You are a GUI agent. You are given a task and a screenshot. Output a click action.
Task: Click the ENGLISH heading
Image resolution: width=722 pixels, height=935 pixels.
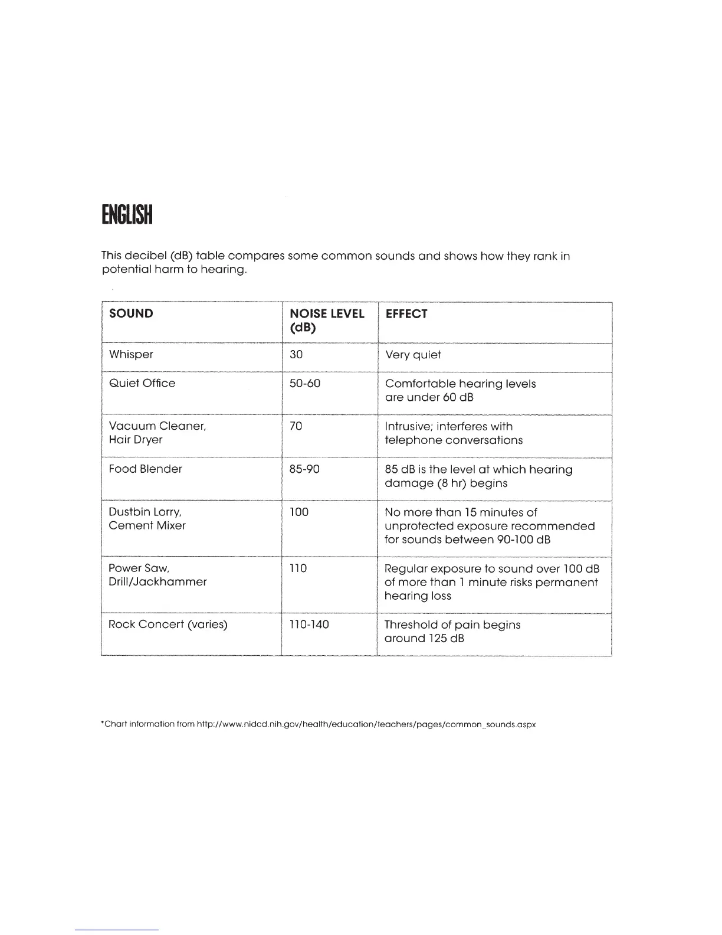coord(127,215)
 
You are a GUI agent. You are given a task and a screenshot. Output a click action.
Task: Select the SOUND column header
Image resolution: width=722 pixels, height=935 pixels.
coord(131,313)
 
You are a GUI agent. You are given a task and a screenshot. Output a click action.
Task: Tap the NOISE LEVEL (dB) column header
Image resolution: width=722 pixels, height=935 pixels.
coord(327,321)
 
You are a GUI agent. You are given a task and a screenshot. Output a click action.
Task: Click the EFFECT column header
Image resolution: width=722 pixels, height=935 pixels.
coord(406,314)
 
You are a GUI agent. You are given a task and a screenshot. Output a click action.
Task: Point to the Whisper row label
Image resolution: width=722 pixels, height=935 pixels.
coord(131,354)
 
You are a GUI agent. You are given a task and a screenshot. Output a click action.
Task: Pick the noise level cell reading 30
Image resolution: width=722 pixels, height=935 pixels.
coord(296,354)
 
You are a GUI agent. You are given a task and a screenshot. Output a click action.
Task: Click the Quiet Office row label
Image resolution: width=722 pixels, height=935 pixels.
coord(142,383)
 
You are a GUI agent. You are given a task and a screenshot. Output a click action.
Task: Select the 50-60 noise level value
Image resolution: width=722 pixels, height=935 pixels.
coord(305,383)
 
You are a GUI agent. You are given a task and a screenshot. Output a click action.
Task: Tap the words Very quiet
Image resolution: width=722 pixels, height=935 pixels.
coord(413,355)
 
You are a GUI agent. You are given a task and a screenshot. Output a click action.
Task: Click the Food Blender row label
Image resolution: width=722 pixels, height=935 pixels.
coord(146,469)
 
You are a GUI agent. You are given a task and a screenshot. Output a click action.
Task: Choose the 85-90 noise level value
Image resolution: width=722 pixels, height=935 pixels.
coord(305,469)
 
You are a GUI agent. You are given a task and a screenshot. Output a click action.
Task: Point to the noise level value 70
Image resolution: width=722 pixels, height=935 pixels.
coord(296,426)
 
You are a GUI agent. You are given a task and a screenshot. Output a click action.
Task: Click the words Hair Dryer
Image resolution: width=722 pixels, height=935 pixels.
coord(135,440)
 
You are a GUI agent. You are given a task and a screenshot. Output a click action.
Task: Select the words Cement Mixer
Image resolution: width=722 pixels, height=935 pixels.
coord(147,525)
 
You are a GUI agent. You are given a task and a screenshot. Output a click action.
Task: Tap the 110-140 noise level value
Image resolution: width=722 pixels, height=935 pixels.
coord(309,624)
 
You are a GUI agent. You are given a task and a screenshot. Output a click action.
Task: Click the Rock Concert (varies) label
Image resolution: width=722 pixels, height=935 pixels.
coord(168,624)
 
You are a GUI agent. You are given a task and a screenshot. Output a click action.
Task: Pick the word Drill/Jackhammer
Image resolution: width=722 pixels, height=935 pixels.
coord(157,581)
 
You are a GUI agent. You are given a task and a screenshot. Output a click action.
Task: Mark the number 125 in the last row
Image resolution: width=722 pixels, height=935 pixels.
coord(436,638)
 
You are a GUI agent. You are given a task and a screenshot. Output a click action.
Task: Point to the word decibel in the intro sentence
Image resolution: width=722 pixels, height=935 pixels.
coord(145,256)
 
